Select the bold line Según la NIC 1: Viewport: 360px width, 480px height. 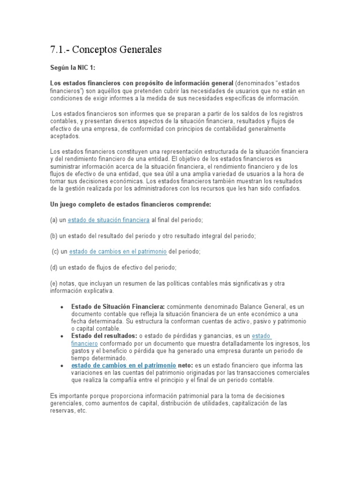[x=73, y=67]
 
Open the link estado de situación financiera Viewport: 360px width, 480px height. [x=109, y=220]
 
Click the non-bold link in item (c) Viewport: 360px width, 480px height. [x=118, y=252]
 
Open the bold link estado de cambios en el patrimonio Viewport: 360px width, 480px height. [x=124, y=365]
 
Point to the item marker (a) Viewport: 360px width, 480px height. [x=54, y=220]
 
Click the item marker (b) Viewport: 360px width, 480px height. [x=54, y=236]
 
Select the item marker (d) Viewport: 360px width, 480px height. [x=54, y=268]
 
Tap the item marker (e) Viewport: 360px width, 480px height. [x=54, y=284]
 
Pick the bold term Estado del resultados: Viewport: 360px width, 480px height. [x=104, y=336]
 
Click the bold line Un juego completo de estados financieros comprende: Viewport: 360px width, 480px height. [x=131, y=204]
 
